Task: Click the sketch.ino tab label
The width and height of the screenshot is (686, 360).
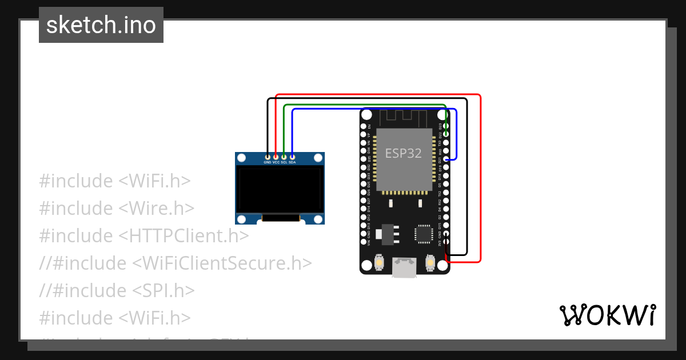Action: click(101, 25)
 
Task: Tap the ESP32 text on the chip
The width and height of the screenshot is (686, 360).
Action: click(403, 153)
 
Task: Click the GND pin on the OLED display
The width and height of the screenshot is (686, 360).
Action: click(268, 156)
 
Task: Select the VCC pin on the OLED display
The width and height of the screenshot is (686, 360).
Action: click(276, 156)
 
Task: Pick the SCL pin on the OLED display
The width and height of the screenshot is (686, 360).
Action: click(284, 156)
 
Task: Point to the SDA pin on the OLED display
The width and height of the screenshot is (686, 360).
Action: click(292, 156)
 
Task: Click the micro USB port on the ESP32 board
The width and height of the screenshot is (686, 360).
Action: click(404, 267)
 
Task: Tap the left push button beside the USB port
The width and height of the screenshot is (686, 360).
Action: click(378, 263)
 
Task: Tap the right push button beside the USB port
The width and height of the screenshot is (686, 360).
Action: click(430, 263)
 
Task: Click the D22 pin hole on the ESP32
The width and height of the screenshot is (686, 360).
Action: click(446, 134)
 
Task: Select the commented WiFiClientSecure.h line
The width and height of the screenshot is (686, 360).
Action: click(176, 263)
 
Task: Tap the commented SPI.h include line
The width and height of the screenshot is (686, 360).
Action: click(117, 290)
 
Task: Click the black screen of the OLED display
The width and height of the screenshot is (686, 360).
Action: click(279, 189)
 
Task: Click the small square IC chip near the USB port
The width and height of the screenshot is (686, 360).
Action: click(424, 233)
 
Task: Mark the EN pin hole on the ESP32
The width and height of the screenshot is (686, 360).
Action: click(363, 126)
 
